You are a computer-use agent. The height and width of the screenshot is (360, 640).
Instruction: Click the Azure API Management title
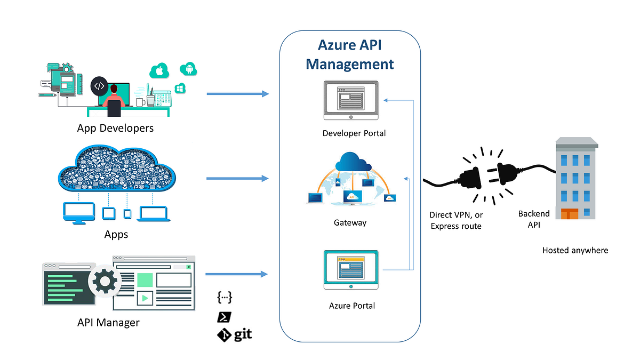350,54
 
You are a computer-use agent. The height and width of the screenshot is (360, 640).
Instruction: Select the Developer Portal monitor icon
350,100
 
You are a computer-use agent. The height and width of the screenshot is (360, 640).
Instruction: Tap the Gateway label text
350,222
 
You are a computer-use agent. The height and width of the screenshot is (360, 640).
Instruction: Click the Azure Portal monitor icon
350,270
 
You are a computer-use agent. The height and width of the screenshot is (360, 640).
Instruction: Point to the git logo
234,335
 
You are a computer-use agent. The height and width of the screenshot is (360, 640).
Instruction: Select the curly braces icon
225,298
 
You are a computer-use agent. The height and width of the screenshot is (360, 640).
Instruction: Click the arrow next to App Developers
237,94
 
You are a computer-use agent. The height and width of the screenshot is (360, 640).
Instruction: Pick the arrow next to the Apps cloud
237,178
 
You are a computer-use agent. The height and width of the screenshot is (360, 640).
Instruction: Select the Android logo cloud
188,68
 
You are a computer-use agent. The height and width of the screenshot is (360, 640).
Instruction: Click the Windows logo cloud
180,88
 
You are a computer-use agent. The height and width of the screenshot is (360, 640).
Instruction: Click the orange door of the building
569,214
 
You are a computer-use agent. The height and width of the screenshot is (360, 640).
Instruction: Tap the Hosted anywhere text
575,250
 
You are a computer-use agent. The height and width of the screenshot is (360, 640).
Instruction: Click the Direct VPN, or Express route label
455,220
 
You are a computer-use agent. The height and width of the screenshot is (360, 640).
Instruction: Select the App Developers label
115,128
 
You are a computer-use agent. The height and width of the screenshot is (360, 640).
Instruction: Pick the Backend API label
534,219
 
